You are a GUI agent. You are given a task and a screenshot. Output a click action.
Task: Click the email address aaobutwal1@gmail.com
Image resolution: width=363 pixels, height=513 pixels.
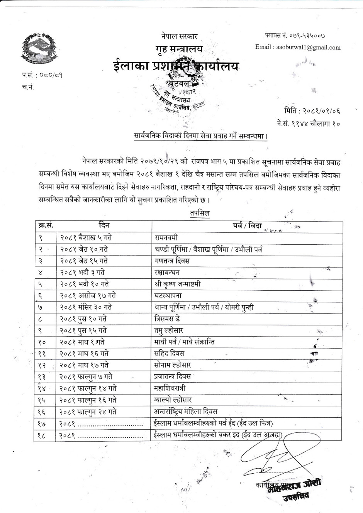tap(298, 47)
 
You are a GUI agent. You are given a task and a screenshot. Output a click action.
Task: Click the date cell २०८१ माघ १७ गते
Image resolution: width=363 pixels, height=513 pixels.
tap(84, 365)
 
